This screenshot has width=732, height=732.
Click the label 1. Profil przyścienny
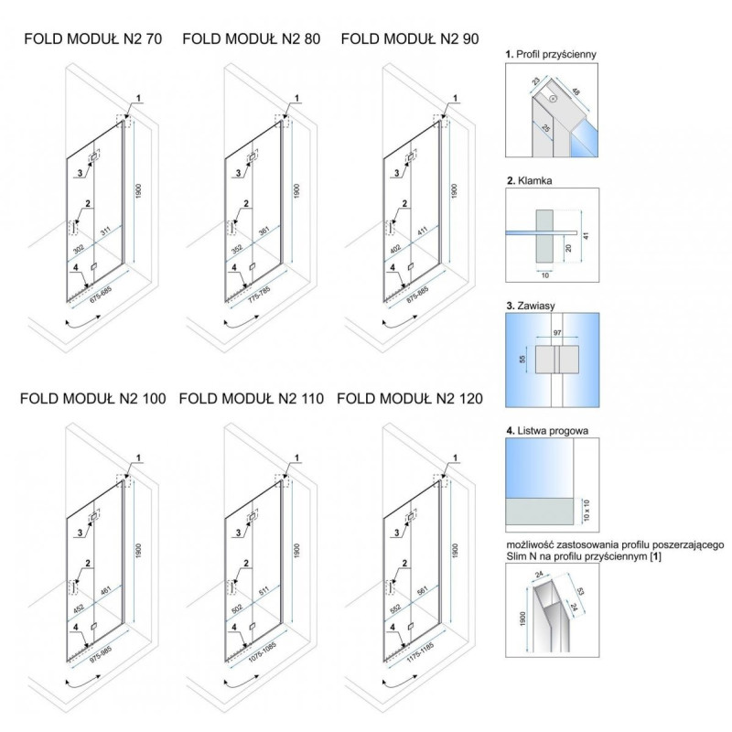point(551,55)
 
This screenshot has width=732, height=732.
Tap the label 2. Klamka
point(532,181)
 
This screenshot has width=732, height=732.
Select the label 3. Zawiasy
point(533,307)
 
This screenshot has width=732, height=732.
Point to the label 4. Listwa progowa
point(546,429)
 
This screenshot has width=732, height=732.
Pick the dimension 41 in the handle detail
point(587,234)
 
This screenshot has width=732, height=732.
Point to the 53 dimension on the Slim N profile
point(580,596)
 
